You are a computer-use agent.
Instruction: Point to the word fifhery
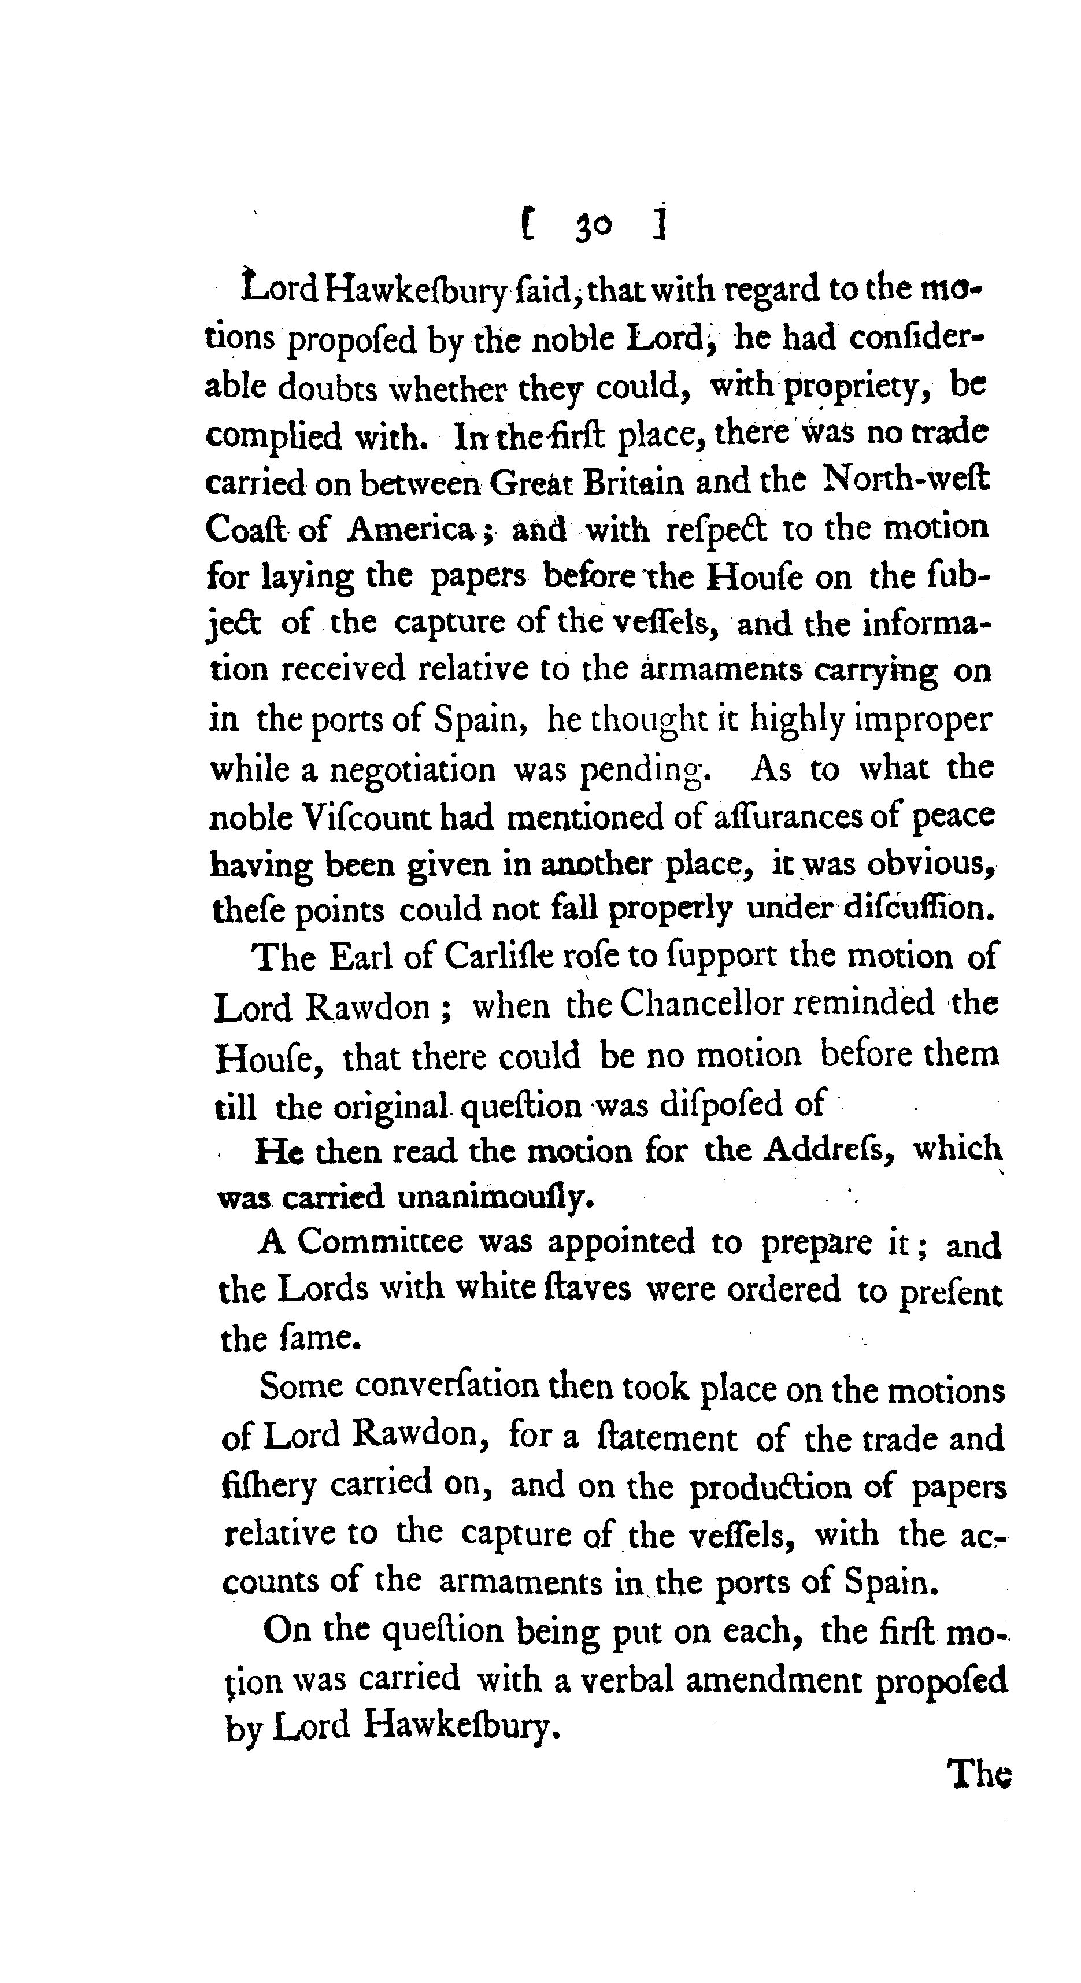pyautogui.click(x=269, y=1485)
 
